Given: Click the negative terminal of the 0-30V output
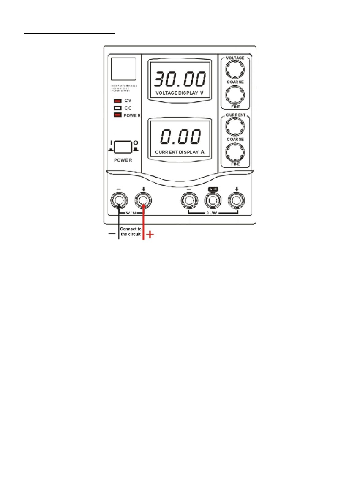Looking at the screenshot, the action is pyautogui.click(x=188, y=199).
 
